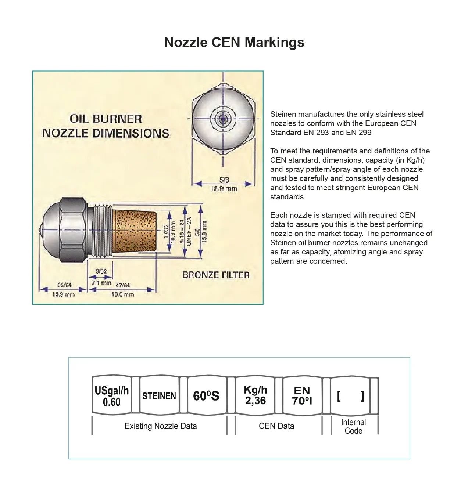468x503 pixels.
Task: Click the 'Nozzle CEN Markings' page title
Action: coord(234,42)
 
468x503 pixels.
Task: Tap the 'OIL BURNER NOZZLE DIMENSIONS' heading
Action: coord(106,126)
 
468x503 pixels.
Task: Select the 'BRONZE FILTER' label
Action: coord(216,275)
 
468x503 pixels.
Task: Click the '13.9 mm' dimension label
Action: coord(63,294)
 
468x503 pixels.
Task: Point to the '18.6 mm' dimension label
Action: coord(123,294)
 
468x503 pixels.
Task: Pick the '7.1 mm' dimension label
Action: coord(101,283)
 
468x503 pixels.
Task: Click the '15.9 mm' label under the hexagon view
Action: coord(224,189)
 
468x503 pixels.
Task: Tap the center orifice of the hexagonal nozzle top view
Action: coord(223,118)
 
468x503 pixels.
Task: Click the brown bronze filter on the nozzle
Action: coord(134,231)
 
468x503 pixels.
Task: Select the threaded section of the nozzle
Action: coord(103,231)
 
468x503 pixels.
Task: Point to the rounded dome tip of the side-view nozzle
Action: coord(50,230)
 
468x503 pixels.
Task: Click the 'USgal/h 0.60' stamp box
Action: coord(112,396)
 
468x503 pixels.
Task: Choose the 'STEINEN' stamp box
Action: coord(159,396)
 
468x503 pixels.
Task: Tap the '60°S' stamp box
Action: coord(207,396)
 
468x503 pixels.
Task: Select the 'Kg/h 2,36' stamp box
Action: coord(255,396)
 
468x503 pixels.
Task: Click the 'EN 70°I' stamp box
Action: coord(302,396)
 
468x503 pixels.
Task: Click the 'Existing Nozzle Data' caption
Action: coord(161,426)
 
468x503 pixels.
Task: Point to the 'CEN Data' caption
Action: coord(276,426)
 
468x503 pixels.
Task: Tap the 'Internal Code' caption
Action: coord(353,427)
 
